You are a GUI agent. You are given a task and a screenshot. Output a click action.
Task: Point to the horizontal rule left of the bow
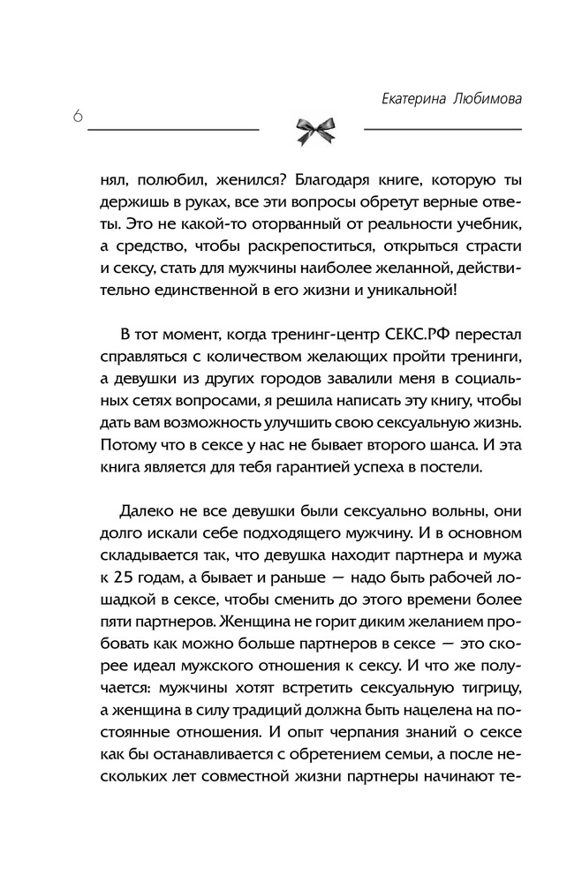tap(172, 130)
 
